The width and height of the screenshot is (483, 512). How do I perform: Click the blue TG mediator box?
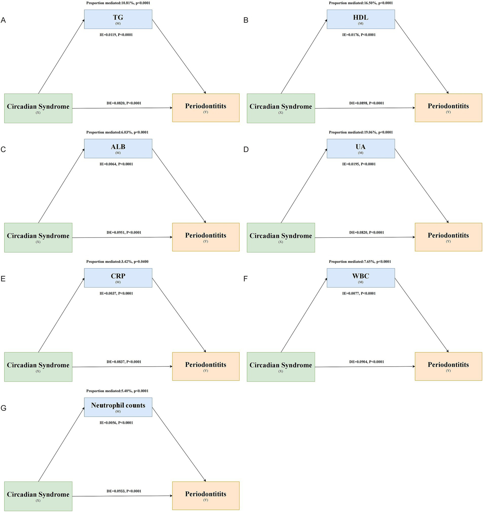pos(118,19)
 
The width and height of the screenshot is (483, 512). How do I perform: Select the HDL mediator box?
pos(361,19)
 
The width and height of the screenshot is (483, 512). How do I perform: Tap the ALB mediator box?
pos(118,148)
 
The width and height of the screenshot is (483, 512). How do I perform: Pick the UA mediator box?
pos(361,148)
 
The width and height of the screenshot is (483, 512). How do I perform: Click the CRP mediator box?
pos(118,278)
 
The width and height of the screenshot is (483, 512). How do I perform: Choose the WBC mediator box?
pos(361,278)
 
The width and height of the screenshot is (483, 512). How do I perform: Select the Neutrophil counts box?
pos(118,407)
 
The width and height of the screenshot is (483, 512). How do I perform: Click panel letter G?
pos(3,408)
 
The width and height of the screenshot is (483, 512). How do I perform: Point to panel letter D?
pos(246,149)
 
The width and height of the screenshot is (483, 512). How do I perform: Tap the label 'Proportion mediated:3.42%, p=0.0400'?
pos(117,262)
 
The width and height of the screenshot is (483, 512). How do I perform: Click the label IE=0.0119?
pos(116,35)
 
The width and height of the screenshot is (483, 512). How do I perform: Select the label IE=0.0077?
pos(359,293)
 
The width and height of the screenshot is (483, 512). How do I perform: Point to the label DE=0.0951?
pos(124,233)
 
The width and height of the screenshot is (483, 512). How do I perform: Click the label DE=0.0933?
pos(124,491)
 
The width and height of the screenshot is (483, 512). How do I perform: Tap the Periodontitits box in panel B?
pos(448,108)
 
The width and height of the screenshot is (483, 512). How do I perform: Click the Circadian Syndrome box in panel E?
pos(38,367)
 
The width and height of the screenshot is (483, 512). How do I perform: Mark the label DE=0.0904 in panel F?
pos(366,362)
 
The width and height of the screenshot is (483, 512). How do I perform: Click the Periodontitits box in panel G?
pos(205,496)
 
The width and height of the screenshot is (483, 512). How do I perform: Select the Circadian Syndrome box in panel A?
pos(38,108)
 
